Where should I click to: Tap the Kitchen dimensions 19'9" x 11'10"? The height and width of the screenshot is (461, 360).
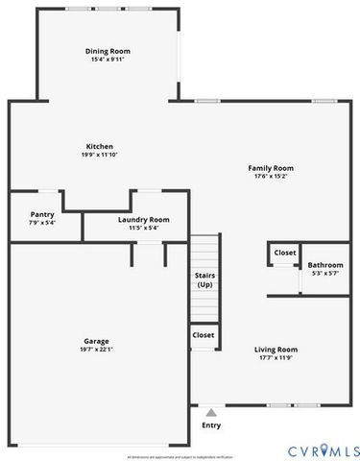pos(100,155)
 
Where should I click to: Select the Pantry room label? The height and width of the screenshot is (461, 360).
pos(42,214)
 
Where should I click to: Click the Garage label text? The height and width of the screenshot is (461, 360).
pos(96,341)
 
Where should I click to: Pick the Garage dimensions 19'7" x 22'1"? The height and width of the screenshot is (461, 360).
pos(96,350)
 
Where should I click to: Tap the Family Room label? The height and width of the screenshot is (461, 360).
pos(271,167)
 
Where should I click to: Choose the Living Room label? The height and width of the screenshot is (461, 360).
pos(276,350)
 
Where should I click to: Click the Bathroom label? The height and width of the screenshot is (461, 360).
pos(325,265)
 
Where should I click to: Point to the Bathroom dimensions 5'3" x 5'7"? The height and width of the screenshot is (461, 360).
pos(325,274)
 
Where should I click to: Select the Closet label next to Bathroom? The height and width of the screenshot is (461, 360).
pos(285,253)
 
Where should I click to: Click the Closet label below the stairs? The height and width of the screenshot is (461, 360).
pos(204,335)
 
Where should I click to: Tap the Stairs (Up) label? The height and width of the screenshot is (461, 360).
pos(204,279)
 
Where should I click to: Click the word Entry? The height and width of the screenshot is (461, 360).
pos(211,425)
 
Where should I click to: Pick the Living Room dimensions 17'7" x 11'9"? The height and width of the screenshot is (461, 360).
pos(276,358)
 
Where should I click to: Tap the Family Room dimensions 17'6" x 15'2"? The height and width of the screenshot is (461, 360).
pos(271,176)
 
